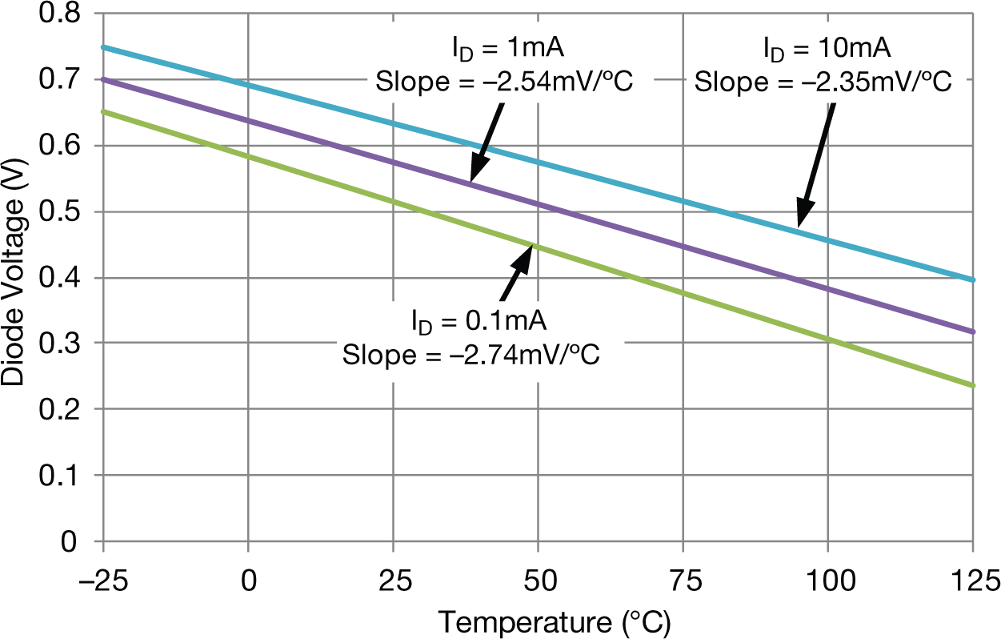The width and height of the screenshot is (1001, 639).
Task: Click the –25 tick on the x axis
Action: pyautogui.click(x=102, y=579)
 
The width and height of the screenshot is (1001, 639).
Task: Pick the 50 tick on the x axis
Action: pyautogui.click(x=539, y=579)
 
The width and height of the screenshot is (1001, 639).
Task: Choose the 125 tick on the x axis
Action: pyautogui.click(x=972, y=579)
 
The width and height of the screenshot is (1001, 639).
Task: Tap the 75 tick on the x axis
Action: pyautogui.click(x=683, y=579)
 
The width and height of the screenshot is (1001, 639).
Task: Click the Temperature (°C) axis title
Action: pyautogui.click(x=554, y=621)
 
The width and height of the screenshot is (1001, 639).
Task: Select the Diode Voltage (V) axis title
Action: pyautogui.click(x=14, y=279)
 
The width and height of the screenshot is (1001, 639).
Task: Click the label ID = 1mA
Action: pyautogui.click(x=505, y=50)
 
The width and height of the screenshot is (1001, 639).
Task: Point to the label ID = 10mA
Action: pyautogui.click(x=825, y=50)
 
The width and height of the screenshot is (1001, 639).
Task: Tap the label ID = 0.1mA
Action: pyautogui.click(x=478, y=322)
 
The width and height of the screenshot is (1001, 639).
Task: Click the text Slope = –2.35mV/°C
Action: pyautogui.click(x=823, y=81)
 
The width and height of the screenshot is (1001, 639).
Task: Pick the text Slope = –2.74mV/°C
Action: pyautogui.click(x=472, y=353)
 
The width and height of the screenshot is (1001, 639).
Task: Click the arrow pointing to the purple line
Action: pyautogui.click(x=487, y=144)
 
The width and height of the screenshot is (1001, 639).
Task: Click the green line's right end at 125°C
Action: pyautogui.click(x=972, y=386)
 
